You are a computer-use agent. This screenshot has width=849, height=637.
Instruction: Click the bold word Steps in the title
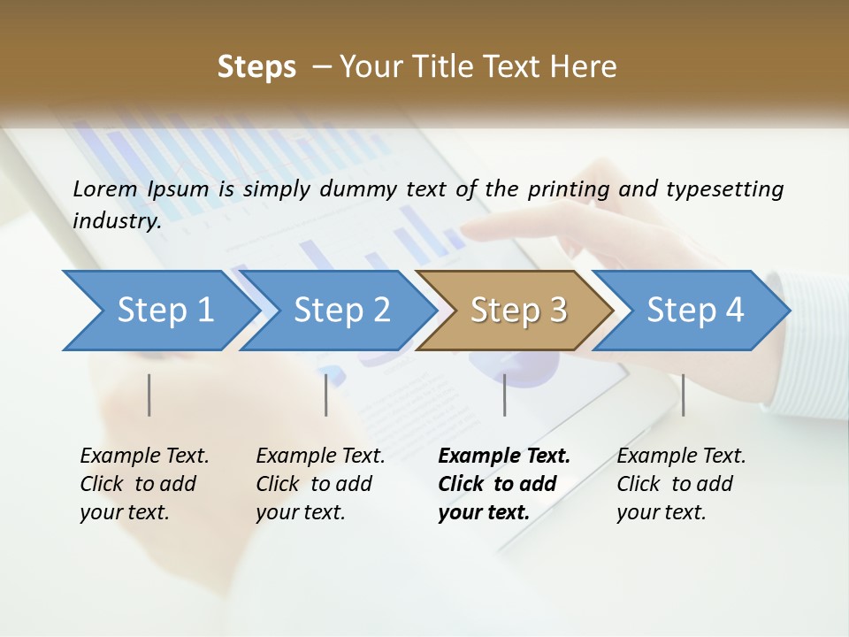256,66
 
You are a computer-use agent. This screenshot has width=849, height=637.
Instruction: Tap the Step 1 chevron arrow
159,311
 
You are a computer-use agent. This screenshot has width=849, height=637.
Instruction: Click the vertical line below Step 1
149,395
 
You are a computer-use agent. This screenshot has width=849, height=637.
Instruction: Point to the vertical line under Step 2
326,395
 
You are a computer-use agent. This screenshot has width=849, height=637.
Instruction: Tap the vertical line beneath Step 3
505,395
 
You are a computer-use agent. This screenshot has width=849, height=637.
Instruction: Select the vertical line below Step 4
683,395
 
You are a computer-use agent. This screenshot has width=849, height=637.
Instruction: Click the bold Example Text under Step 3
504,456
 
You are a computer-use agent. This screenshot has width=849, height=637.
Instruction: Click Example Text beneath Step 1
144,456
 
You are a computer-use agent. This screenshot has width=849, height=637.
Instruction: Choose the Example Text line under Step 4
681,456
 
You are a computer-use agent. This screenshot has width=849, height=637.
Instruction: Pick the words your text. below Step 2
301,512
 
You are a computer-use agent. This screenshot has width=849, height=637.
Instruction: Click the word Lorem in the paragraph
106,188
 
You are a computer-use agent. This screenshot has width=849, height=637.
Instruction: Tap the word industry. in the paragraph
117,220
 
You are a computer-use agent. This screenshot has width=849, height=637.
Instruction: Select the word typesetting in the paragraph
724,188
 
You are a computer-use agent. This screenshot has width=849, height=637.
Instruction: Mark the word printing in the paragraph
569,188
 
